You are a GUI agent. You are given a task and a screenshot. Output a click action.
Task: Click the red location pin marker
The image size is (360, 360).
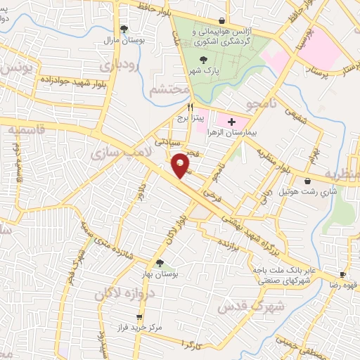[x=181, y=165]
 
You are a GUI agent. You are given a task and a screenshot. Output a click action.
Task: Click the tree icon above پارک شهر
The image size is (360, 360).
[x=203, y=60]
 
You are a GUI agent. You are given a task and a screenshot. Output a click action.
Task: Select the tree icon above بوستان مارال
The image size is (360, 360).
[x=124, y=30]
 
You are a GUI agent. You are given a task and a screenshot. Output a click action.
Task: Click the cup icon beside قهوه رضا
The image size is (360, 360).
[x=342, y=275]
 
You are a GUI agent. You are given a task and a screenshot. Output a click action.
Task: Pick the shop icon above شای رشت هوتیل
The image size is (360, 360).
[x=309, y=181]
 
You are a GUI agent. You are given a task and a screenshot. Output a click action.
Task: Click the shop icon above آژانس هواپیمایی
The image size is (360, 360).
[x=222, y=20]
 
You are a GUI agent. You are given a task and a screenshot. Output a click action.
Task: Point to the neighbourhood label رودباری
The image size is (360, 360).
[x=115, y=67]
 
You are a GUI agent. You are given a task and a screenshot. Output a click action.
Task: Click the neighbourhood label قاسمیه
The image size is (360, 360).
[x=25, y=129]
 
